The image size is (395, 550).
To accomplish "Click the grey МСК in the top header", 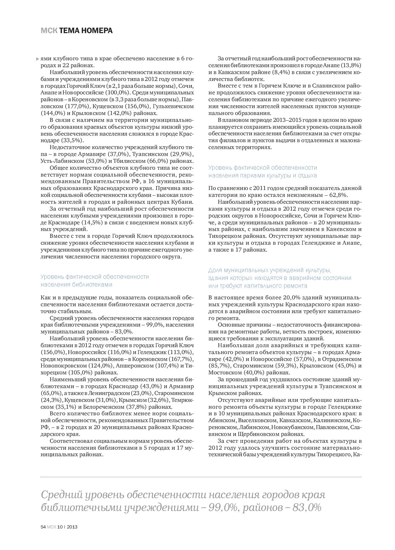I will tap(49, 31).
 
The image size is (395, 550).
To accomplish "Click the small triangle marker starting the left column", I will tap(38, 59).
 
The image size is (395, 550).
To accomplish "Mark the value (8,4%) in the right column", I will tap(256, 72).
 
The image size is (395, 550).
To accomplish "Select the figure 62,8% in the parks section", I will tap(337, 195).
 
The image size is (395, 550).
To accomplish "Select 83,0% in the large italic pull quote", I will tap(307, 507).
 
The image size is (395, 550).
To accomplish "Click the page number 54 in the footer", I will tap(43, 527).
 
